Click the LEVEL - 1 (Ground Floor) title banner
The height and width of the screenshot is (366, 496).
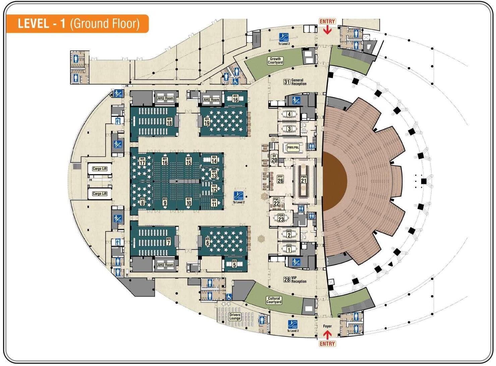tap(77, 24)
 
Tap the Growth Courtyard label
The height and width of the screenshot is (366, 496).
tap(275, 61)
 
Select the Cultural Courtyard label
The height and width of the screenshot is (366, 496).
tap(274, 300)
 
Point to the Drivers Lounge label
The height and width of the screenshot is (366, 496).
tap(235, 317)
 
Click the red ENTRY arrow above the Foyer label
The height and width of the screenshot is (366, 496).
tap(327, 334)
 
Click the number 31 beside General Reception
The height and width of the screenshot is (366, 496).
tap(287, 82)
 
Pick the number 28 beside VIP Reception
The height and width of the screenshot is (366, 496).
tap(287, 279)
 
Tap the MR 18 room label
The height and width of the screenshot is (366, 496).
tap(169, 121)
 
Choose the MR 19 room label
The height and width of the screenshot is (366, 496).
tap(207, 122)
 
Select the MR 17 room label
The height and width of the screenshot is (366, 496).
tap(142, 161)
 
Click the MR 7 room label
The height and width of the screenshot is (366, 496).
tap(168, 241)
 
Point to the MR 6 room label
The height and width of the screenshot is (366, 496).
tap(208, 241)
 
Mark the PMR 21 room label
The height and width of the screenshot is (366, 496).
tap(304, 179)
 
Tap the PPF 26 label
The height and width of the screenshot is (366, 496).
tap(280, 179)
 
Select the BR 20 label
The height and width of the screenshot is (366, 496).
tap(274, 158)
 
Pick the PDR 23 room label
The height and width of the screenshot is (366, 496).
tap(281, 218)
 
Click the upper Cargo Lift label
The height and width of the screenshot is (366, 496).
tap(100, 169)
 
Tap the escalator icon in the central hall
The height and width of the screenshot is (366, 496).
tap(239, 195)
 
